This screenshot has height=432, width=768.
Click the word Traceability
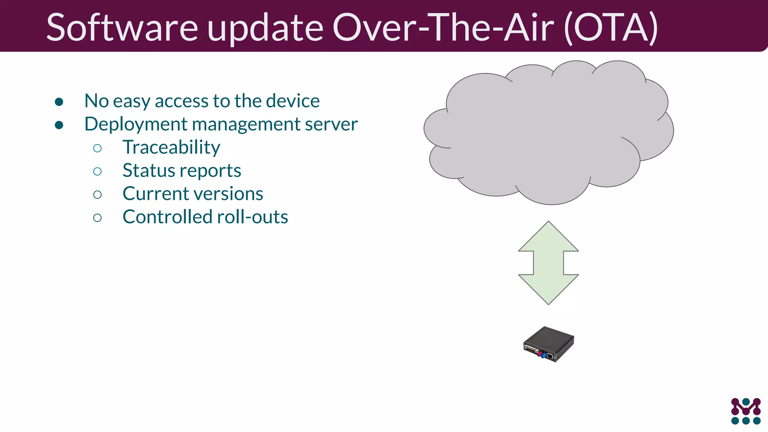(171, 147)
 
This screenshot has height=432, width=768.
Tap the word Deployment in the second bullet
(136, 124)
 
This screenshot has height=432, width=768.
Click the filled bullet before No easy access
(59, 102)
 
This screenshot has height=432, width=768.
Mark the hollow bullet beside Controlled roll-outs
(97, 218)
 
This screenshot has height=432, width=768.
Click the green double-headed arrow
(548, 262)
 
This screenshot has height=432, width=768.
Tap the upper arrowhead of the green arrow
(548, 236)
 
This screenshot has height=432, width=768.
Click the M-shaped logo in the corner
(745, 411)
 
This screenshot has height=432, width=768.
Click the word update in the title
(265, 28)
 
